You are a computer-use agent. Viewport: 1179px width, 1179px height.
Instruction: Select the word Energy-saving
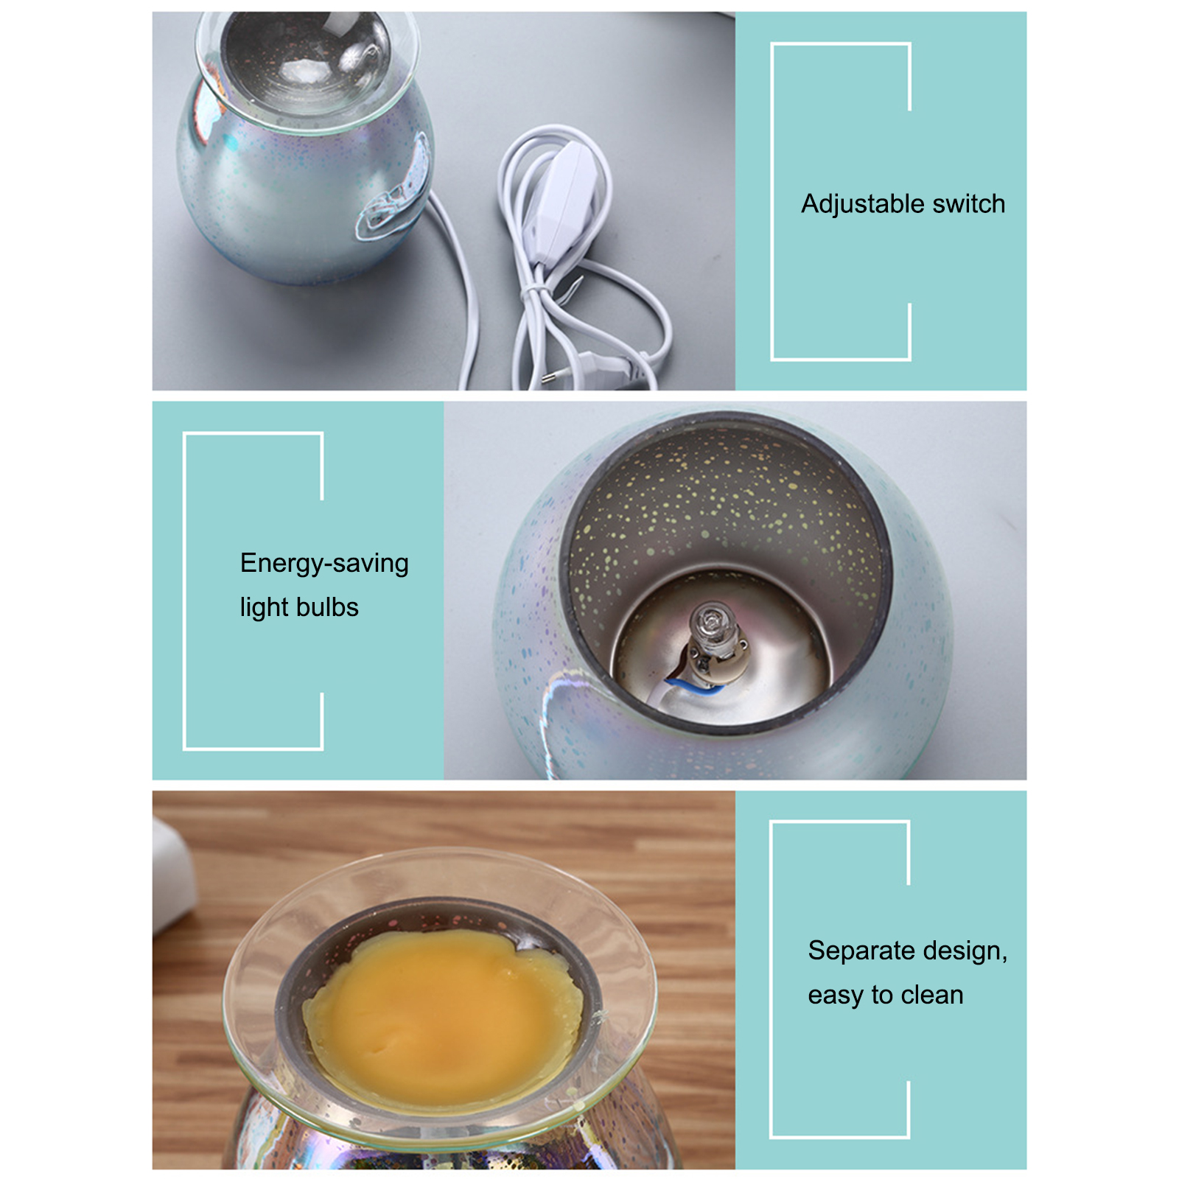(324, 564)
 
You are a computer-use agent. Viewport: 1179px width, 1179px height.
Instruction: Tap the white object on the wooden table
(173, 873)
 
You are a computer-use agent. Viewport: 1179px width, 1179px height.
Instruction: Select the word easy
(836, 996)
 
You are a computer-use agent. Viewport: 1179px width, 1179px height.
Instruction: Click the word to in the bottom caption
(882, 995)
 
